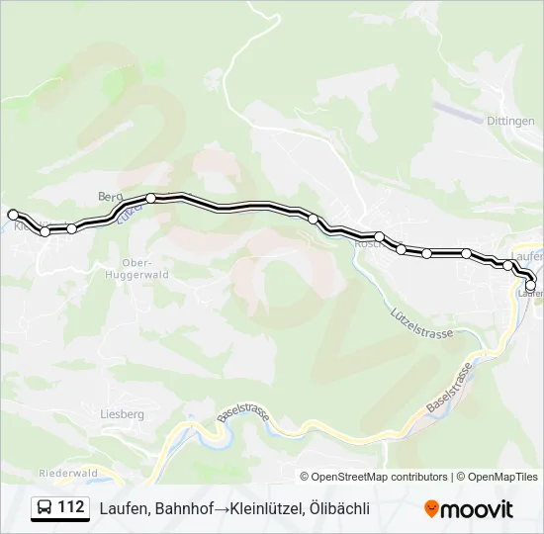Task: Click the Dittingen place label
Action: pyautogui.click(x=510, y=120)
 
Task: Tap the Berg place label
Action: pyautogui.click(x=109, y=196)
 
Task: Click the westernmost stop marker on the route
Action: pyautogui.click(x=13, y=215)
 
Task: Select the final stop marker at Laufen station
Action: pyautogui.click(x=531, y=286)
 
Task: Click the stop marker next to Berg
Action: pyautogui.click(x=150, y=198)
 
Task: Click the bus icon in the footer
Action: pyautogui.click(x=45, y=508)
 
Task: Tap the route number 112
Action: pyautogui.click(x=70, y=508)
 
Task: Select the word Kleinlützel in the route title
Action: pyautogui.click(x=266, y=508)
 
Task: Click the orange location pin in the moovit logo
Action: pyautogui.click(x=431, y=509)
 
